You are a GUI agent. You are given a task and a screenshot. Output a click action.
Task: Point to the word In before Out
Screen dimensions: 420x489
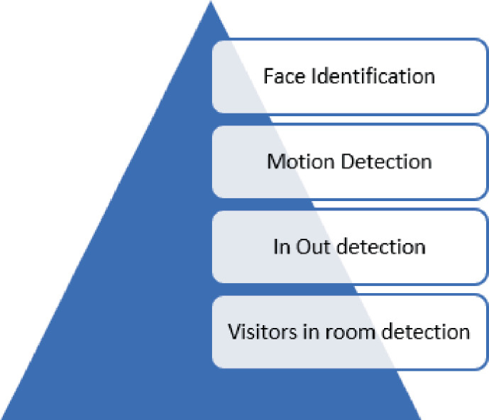pyautogui.click(x=280, y=247)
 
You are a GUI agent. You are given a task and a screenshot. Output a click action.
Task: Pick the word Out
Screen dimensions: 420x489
pyautogui.click(x=309, y=247)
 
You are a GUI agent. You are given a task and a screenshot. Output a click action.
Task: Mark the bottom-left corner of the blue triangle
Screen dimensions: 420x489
pyautogui.click(x=2, y=418)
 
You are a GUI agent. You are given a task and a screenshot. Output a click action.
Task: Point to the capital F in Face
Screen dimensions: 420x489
pyautogui.click(x=268, y=76)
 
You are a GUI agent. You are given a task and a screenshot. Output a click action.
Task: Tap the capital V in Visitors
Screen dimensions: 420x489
pyautogui.click(x=233, y=332)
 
